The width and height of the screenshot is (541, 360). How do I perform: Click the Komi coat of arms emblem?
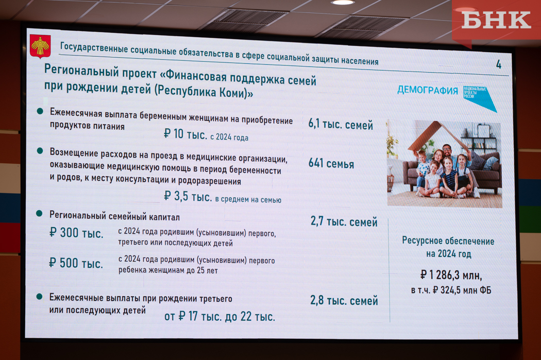pyautogui.click(x=40, y=46)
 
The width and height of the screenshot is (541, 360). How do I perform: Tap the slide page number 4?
pyautogui.click(x=499, y=64)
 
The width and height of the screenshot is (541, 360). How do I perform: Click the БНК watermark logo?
pyautogui.click(x=496, y=20)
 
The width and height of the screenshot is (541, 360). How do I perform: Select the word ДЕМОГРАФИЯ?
pyautogui.click(x=428, y=90)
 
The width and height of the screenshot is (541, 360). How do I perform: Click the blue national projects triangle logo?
pyautogui.click(x=479, y=98)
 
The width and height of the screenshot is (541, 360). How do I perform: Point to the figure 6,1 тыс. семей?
pyautogui.click(x=341, y=124)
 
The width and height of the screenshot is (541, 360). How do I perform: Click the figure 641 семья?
pyautogui.click(x=331, y=163)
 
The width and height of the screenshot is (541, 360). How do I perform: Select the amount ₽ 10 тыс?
pyautogui.click(x=185, y=134)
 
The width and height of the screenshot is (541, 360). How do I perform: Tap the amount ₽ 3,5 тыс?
pyautogui.click(x=188, y=196)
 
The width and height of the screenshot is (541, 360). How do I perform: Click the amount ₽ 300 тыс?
pyautogui.click(x=76, y=233)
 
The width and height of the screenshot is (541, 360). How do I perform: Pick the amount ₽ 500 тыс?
pyautogui.click(x=76, y=263)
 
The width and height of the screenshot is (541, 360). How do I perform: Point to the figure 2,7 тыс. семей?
pyautogui.click(x=344, y=221)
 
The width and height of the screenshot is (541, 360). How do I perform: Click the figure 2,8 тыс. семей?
pyautogui.click(x=344, y=300)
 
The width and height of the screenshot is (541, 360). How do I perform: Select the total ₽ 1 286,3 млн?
pyautogui.click(x=451, y=275)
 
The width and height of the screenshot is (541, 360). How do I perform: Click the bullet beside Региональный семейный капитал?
pyautogui.click(x=39, y=214)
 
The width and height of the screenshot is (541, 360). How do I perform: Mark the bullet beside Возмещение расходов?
pyautogui.click(x=40, y=151)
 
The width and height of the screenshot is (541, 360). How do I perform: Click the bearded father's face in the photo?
pyautogui.click(x=447, y=151)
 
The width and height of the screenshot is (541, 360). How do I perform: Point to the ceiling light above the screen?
pyautogui.click(x=342, y=3)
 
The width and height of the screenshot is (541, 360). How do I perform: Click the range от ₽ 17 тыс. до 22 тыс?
pyautogui.click(x=219, y=316)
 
